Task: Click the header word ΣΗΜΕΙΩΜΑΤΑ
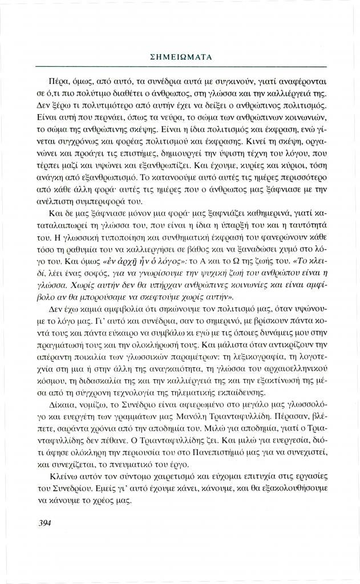click(180, 58)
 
